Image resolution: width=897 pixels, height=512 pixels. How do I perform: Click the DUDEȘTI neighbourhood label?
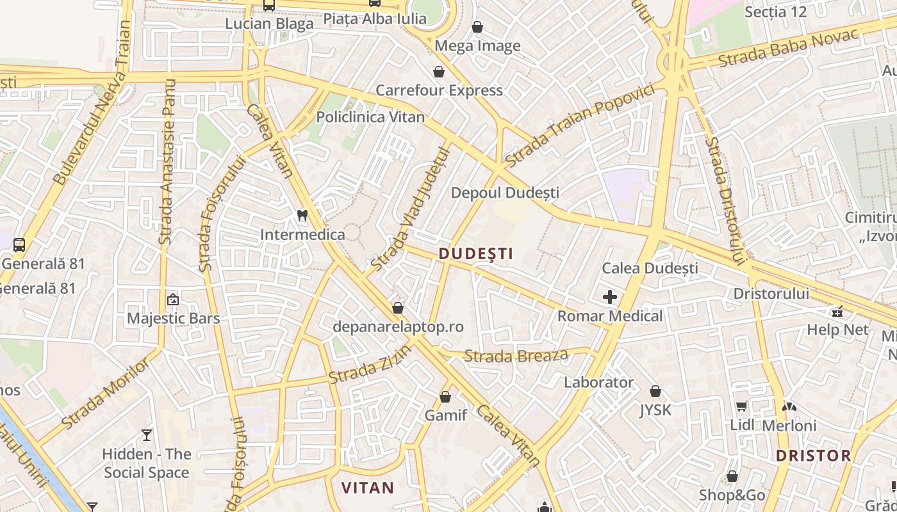point(476,253)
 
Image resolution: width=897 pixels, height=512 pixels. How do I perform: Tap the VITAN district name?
point(368,488)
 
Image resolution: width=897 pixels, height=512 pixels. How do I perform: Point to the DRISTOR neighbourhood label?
point(813,456)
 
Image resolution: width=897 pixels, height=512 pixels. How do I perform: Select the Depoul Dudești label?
point(505,193)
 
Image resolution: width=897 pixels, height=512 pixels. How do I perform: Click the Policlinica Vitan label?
point(370,117)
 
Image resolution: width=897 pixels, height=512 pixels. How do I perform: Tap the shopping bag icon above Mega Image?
point(477,27)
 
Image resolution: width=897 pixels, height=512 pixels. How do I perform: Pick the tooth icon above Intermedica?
point(302,216)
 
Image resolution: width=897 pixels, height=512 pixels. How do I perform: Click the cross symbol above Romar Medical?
point(610,297)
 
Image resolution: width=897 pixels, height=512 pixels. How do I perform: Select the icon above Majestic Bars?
point(173,299)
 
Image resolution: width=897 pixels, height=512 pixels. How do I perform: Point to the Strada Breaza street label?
point(516,355)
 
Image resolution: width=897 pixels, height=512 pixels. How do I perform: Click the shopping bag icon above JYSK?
point(655,390)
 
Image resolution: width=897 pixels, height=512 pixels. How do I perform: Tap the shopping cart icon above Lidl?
point(741,405)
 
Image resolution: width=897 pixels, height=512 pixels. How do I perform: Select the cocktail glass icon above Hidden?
point(147,435)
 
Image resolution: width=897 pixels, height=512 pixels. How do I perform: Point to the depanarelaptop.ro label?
point(398,326)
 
